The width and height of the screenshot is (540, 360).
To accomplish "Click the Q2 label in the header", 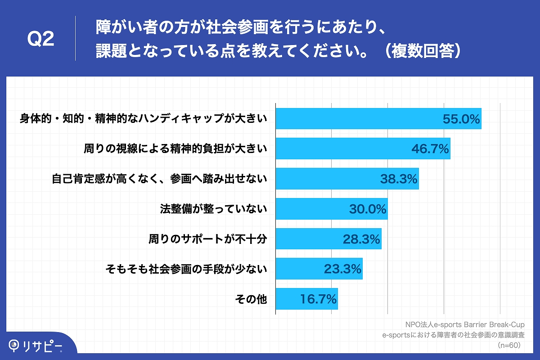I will [41, 40].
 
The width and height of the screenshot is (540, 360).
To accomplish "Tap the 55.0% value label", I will [461, 119].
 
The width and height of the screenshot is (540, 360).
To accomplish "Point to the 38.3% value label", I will [399, 179].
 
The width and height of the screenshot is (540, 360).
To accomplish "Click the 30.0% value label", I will [368, 209].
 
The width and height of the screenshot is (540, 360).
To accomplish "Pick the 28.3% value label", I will [362, 239].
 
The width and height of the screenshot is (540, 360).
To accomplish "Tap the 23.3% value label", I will [343, 269].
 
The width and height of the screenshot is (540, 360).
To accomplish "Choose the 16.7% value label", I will [318, 299].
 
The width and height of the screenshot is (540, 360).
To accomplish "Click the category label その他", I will [251, 299].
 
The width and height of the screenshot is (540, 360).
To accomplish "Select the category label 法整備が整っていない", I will [214, 209].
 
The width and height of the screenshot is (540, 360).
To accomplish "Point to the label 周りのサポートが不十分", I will [208, 239].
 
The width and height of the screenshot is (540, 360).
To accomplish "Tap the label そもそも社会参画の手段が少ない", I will [186, 269].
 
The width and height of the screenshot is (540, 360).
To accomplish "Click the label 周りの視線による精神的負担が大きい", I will [175, 149].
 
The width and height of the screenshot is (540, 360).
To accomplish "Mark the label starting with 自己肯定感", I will [159, 179].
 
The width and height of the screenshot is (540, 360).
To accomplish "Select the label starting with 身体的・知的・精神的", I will [143, 119].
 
